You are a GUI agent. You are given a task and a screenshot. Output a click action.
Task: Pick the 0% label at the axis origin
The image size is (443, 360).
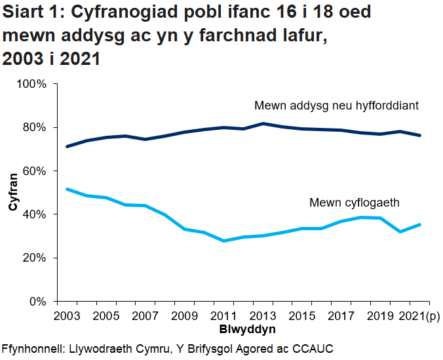coord(38,302)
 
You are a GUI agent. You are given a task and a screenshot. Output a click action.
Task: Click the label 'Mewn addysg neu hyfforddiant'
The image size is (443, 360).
coord(336,106)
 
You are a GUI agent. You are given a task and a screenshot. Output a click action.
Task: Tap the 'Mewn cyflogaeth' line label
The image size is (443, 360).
coord(354,203)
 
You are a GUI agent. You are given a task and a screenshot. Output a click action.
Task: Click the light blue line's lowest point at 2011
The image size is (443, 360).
coord(225,241)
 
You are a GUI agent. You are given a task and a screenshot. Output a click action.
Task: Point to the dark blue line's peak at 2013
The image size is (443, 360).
coord(263,123)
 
